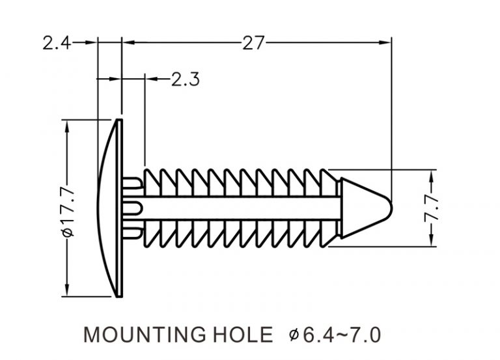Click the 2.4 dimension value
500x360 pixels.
pyautogui.click(x=57, y=43)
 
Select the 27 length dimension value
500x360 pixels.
pyautogui.click(x=253, y=43)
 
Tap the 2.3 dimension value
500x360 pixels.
pyautogui.click(x=186, y=79)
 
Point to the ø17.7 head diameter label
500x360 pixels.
pyautogui.click(x=68, y=212)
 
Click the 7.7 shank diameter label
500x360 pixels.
pyautogui.click(x=432, y=208)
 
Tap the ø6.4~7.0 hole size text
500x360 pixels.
pyautogui.click(x=335, y=335)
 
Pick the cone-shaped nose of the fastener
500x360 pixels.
pyautogui.click(x=363, y=208)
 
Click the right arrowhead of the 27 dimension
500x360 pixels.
pyautogui.click(x=385, y=42)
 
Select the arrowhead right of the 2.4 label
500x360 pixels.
pyautogui.click(x=91, y=42)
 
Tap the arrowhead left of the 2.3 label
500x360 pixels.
pyautogui.click(x=152, y=79)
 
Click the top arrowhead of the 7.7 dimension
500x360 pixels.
pyautogui.click(x=432, y=176)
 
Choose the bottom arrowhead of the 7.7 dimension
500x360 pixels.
pyautogui.click(x=432, y=240)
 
